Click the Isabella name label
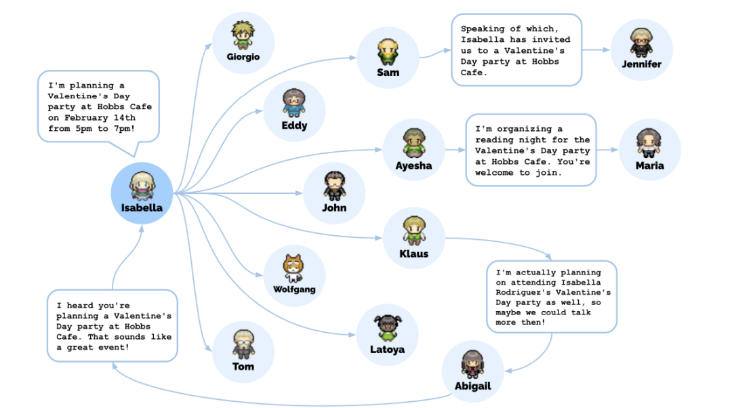pyautogui.click(x=142, y=208)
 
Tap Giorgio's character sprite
pyautogui.click(x=243, y=34)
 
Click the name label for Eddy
pyautogui.click(x=294, y=125)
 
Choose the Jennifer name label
pyautogui.click(x=641, y=64)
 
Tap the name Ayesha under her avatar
pyautogui.click(x=413, y=165)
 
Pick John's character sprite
pyautogui.click(x=334, y=185)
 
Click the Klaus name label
pyautogui.click(x=413, y=253)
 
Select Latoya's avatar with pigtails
pyautogui.click(x=388, y=327)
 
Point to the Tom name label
pyautogui.click(x=243, y=366)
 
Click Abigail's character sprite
pyautogui.click(x=472, y=365)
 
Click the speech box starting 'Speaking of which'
pyautogui.click(x=516, y=50)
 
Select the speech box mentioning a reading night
pyautogui.click(x=531, y=150)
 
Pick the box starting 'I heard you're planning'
pyautogui.click(x=113, y=326)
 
